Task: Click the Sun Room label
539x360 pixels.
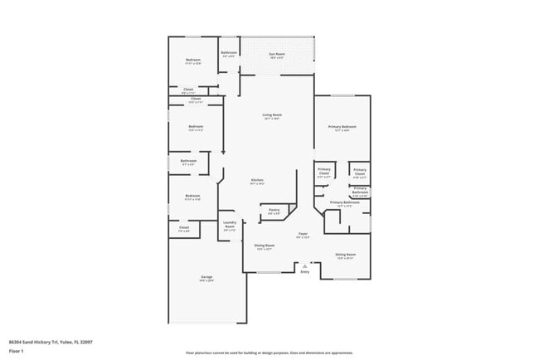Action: coord(276,55)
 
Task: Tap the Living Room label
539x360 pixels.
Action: coord(271,115)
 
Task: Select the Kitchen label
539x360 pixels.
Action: coord(257,180)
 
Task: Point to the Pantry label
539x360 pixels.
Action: coord(274,210)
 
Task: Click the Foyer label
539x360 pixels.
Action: coord(303,234)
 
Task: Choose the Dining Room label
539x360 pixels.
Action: coord(264,246)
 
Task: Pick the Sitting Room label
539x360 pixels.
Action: coord(345,254)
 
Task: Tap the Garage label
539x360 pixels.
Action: coord(206,276)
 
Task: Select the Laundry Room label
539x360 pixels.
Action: coord(230,224)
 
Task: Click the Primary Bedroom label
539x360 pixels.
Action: coord(341,126)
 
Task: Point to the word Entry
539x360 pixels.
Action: coord(304,271)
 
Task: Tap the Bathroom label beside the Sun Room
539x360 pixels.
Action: coord(229,53)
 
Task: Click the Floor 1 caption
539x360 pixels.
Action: coord(17,351)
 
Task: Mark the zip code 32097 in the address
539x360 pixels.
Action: coord(86,342)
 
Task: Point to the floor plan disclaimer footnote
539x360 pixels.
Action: coord(269,353)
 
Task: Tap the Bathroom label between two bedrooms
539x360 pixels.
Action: coord(188,161)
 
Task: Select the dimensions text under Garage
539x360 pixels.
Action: coord(206,281)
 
